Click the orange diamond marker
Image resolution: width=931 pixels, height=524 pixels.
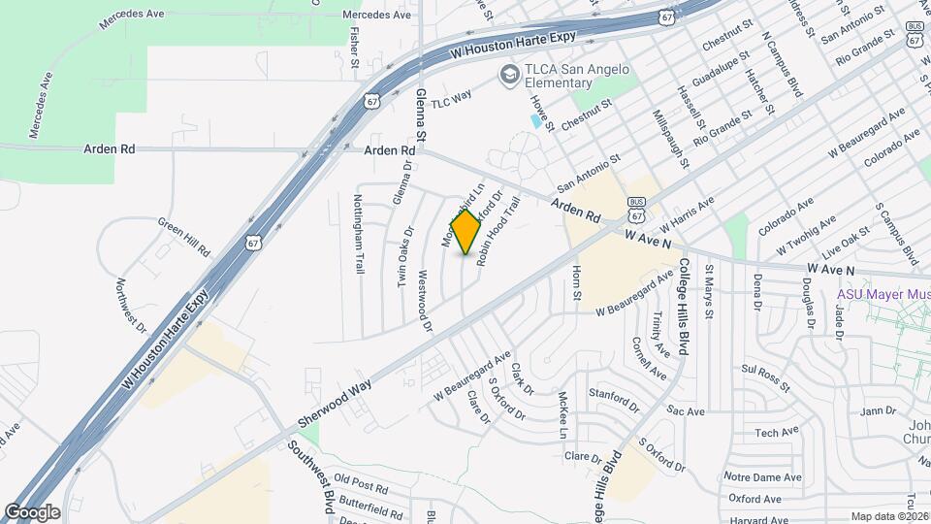pyautogui.click(x=466, y=232)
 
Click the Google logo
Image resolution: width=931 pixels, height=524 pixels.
pyautogui.click(x=32, y=511)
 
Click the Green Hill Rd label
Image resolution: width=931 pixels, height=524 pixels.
pyautogui.click(x=184, y=236)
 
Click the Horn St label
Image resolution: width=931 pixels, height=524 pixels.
pyautogui.click(x=576, y=282)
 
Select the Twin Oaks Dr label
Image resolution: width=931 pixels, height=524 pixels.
pyautogui.click(x=405, y=256)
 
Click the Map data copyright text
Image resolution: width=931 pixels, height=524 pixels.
pyautogui.click(x=889, y=516)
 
